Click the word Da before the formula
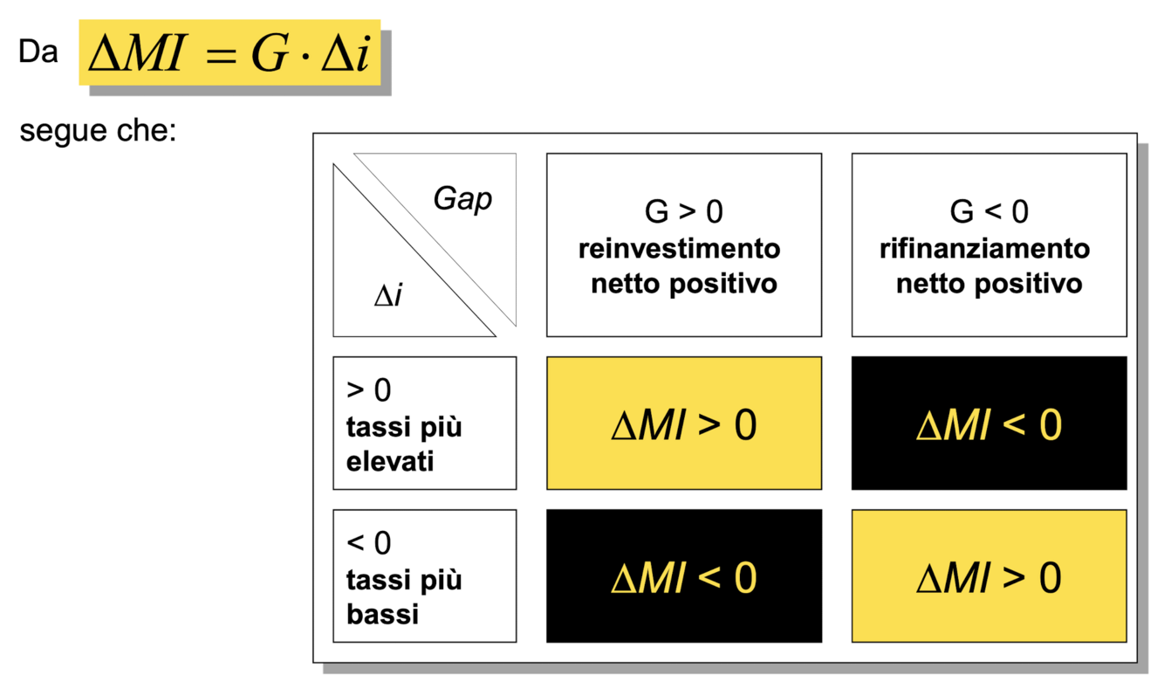click(38, 52)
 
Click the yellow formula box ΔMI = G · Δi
click(229, 52)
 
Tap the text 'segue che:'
click(98, 132)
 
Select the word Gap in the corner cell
click(462, 198)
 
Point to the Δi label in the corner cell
click(388, 297)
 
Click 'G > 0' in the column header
click(683, 212)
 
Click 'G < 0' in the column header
click(989, 212)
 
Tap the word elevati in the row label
click(390, 461)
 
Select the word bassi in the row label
click(383, 614)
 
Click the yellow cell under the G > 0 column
click(683, 424)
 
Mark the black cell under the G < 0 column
click(989, 424)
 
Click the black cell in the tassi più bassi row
click(683, 576)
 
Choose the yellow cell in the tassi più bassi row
click(989, 576)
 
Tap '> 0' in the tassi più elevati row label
click(368, 390)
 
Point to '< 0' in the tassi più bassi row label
click(368, 543)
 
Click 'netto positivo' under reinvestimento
click(683, 284)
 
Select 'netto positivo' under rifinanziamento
click(989, 284)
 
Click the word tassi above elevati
click(378, 428)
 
